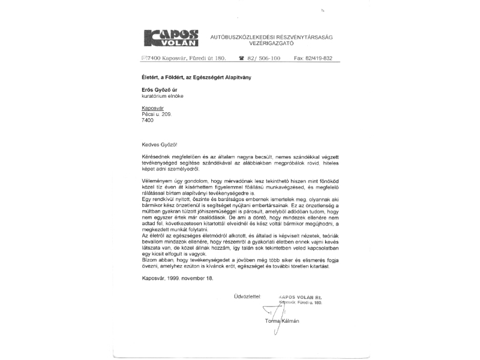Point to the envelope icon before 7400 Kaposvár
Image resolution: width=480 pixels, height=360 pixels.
143,58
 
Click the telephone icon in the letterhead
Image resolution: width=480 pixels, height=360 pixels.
241,58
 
